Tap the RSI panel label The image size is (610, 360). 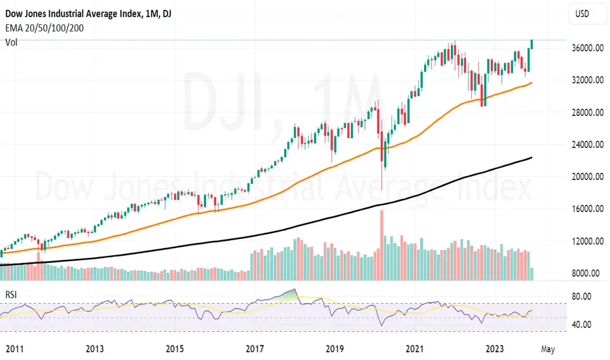pyautogui.click(x=12, y=295)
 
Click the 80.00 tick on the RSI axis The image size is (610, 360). pyautogui.click(x=578, y=297)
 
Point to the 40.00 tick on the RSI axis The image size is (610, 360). pyautogui.click(x=578, y=325)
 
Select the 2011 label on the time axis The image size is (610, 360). pyautogui.click(x=11, y=348)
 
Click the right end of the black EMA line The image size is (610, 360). pyautogui.click(x=531, y=157)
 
